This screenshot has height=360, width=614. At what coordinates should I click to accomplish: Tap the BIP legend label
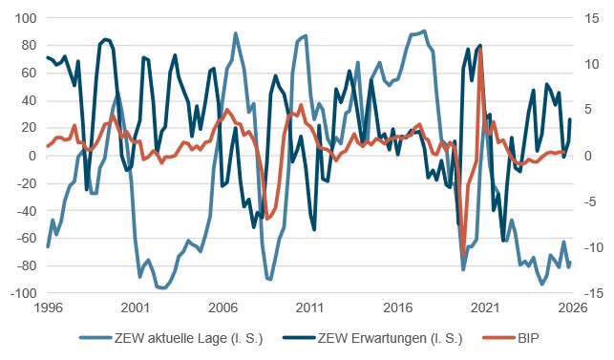point(528,338)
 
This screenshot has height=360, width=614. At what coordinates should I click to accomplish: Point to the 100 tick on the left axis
point(26,18)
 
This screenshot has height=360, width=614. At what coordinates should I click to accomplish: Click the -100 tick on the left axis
point(23,293)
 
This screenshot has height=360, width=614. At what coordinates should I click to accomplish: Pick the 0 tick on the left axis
point(32,156)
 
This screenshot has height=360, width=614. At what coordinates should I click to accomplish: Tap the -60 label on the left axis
point(26,238)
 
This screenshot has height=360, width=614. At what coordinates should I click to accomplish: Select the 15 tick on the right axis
point(592,18)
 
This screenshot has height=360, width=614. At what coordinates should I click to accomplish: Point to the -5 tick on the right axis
point(591,201)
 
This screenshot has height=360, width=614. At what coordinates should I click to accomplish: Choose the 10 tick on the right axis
point(592,64)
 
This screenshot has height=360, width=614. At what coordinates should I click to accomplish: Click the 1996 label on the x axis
point(48,307)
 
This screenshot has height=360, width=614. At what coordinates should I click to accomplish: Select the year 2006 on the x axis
point(222,307)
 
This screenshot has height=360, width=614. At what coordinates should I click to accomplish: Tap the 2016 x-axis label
point(398,307)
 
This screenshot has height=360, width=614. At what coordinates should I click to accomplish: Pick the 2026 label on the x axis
point(573,307)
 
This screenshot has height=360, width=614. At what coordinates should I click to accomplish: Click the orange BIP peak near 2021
point(480,50)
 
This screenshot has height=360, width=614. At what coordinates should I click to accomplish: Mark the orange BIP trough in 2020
point(464,255)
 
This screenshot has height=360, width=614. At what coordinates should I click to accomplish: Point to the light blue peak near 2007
point(235,33)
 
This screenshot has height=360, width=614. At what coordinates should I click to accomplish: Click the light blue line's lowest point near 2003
point(163,288)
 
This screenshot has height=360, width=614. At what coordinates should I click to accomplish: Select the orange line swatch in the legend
point(498,338)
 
